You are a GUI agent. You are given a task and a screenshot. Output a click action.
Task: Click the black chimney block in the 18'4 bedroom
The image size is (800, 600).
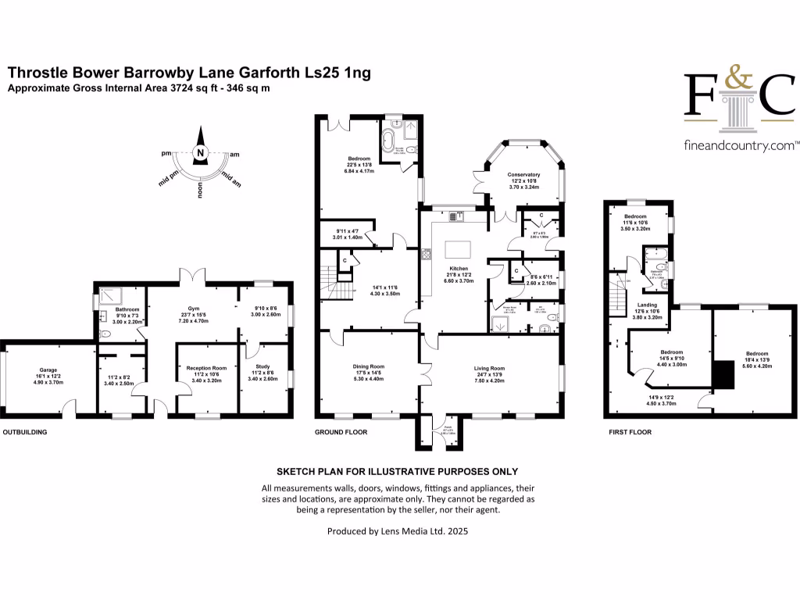pyautogui.click(x=723, y=374)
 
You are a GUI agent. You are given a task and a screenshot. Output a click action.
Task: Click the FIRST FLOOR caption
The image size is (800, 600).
pyautogui.click(x=630, y=431)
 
